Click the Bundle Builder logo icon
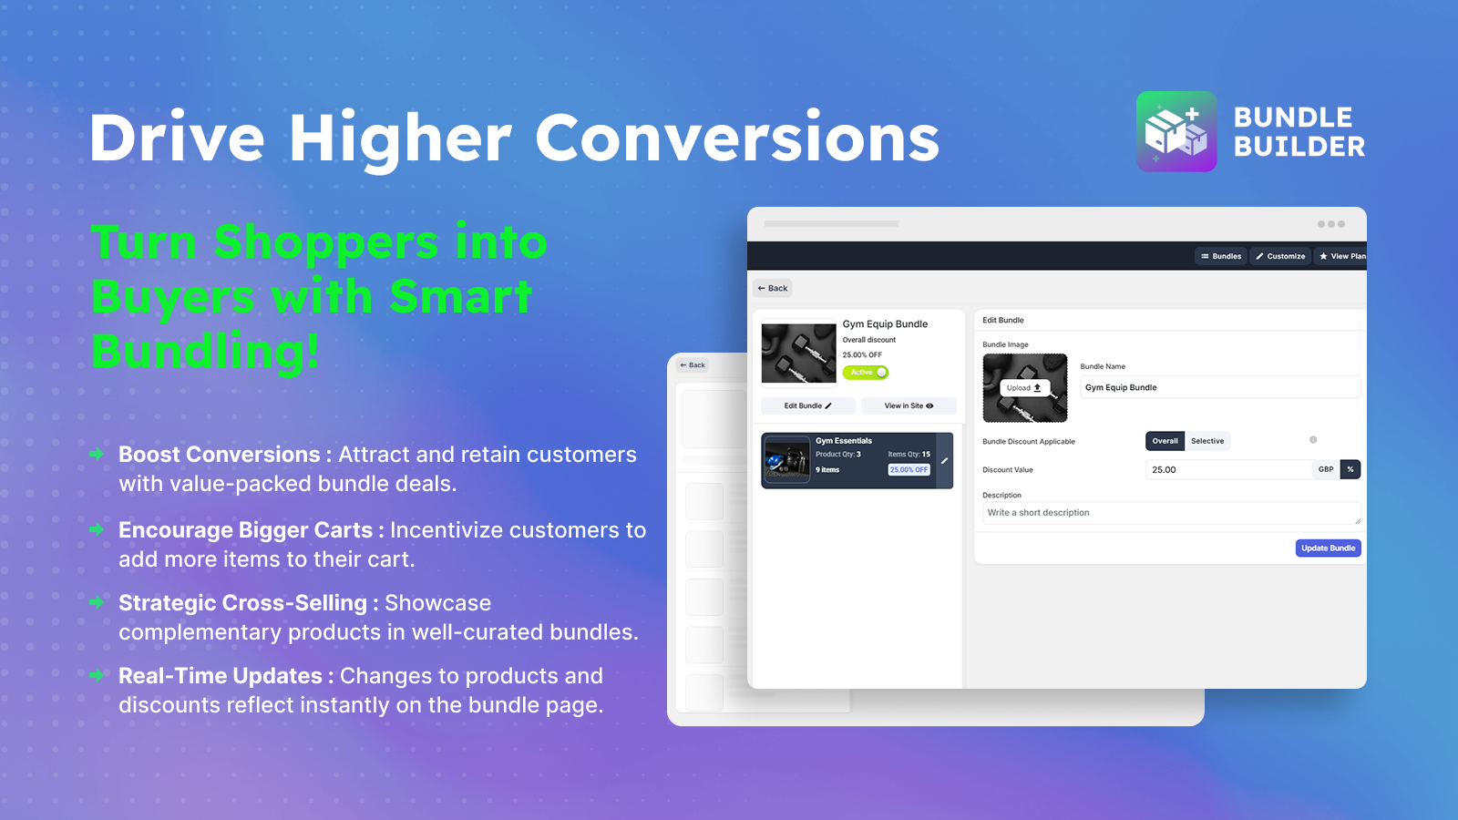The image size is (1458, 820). [1176, 131]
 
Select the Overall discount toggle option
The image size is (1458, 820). [1165, 441]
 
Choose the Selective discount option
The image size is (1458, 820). [1207, 441]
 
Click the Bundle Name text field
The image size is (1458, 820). [1219, 387]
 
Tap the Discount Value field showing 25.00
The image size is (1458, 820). [1227, 469]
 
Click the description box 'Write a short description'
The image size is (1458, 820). [1171, 513]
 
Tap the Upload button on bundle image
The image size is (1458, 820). [1024, 388]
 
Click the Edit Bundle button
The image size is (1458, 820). [807, 406]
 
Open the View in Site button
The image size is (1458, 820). [909, 406]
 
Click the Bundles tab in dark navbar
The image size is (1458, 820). [1221, 256]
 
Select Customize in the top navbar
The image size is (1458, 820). [1280, 256]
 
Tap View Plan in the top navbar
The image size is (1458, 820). [1342, 256]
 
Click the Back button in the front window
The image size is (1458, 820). [773, 289]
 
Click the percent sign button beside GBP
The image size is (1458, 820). [1350, 469]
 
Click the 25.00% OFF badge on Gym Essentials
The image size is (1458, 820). [909, 470]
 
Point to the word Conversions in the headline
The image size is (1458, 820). [736, 138]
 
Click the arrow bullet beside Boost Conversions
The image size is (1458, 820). [97, 454]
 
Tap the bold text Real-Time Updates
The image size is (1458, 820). [220, 676]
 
